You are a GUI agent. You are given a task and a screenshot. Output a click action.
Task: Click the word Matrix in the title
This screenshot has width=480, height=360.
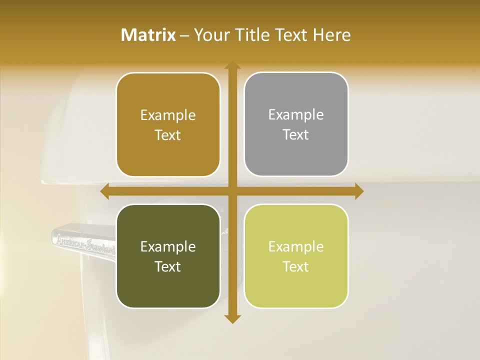[148, 35]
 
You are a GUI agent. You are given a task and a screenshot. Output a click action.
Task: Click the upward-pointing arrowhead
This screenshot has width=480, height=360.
[232, 65]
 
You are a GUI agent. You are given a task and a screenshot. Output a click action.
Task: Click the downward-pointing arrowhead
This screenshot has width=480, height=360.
[232, 318]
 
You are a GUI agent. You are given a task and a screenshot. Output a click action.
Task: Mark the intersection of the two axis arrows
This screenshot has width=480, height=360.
[232, 191]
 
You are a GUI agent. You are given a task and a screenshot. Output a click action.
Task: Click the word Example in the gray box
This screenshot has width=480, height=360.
[296, 115]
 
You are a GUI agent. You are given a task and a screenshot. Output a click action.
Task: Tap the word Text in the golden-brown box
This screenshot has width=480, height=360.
[168, 135]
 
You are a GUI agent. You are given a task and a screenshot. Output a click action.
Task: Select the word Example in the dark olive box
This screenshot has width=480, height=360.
[168, 246]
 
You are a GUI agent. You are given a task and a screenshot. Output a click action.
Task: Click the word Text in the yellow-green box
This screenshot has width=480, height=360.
[296, 266]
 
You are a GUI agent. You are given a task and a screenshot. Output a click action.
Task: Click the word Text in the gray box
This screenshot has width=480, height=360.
[296, 135]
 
